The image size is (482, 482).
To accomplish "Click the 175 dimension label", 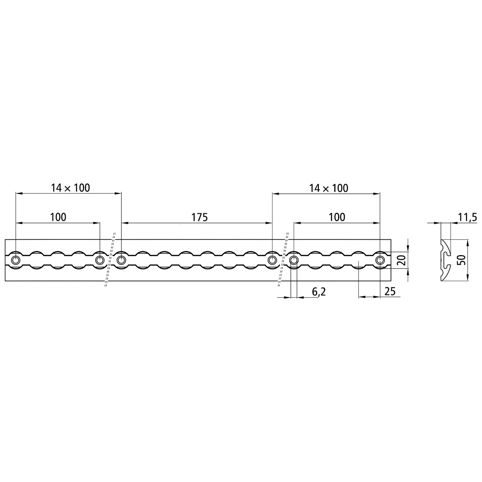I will click(199, 217).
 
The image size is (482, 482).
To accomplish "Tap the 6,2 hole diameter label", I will click(319, 292).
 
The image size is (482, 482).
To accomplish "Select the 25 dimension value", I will click(390, 292).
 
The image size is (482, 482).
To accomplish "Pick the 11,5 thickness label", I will click(467, 218).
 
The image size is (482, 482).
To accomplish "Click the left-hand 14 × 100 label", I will click(70, 188).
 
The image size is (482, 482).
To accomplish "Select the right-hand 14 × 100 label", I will click(329, 188).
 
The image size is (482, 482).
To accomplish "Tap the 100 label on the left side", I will click(58, 217).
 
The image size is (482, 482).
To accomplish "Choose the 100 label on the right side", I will click(337, 217).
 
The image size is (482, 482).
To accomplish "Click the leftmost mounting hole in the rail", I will click(16, 260).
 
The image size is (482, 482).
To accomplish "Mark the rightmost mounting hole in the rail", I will click(380, 260).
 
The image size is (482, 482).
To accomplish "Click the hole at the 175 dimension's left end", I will click(121, 260).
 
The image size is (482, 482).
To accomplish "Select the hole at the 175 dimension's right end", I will click(272, 260).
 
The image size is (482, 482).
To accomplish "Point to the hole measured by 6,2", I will click(294, 260).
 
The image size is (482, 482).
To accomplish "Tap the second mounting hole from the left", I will click(99, 260).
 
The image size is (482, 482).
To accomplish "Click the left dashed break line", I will click(110, 260).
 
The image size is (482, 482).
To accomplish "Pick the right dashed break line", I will click(283, 260).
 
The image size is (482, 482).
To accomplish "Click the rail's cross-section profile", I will click(445, 260).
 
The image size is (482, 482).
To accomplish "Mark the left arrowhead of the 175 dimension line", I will click(124, 223).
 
